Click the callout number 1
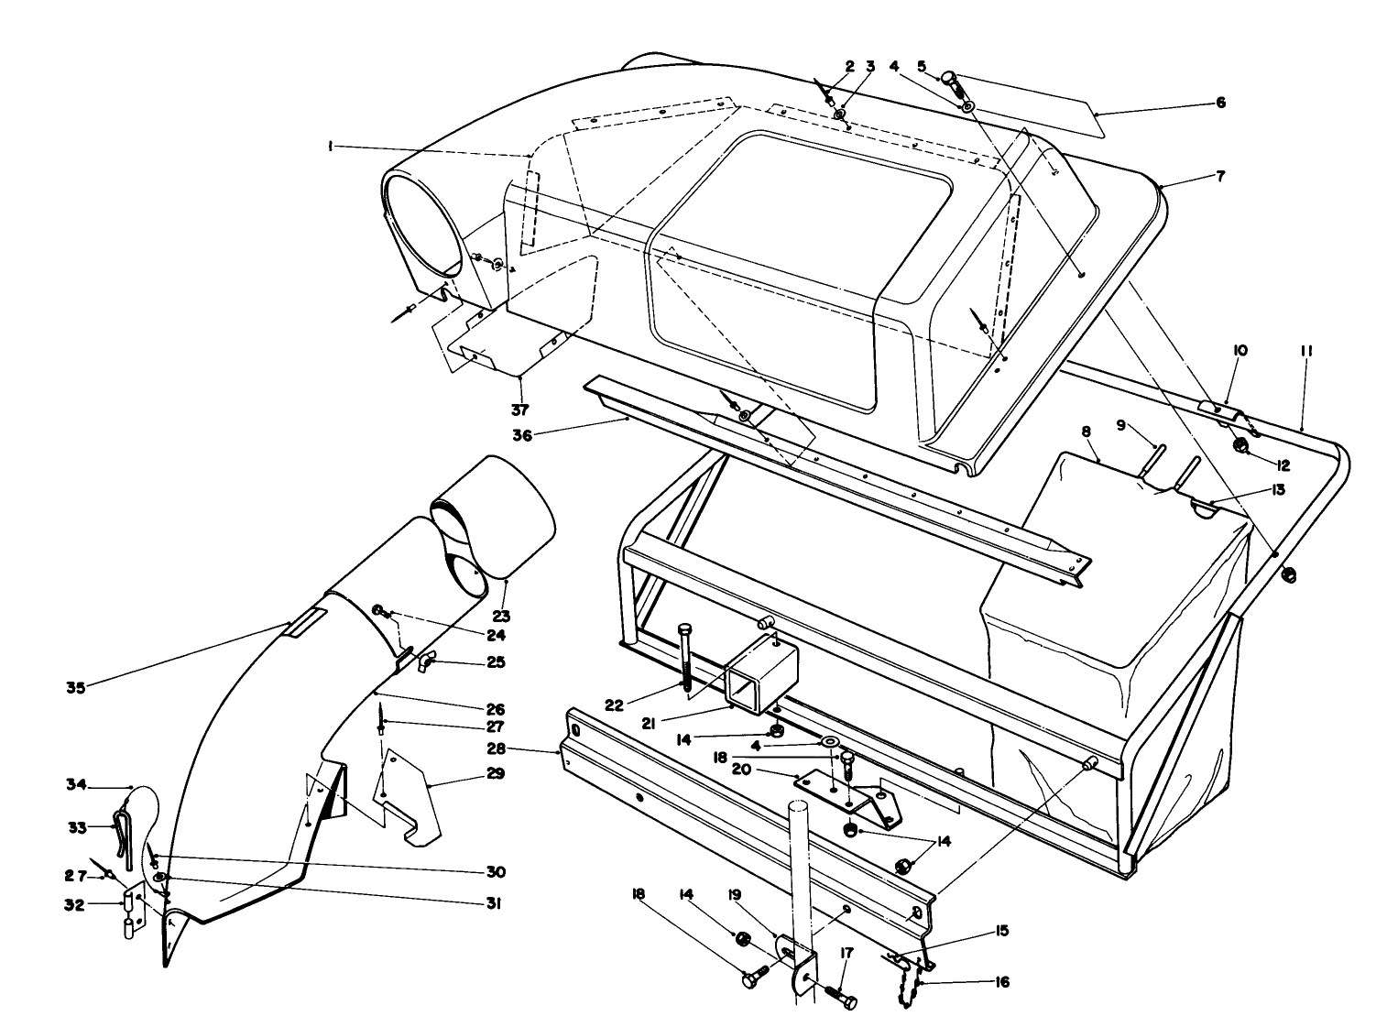[329, 146]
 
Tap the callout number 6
[1220, 103]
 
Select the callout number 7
[1220, 177]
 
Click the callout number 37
[519, 410]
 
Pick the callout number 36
[522, 435]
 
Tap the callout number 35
[75, 687]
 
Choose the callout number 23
[501, 616]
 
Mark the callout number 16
[1002, 982]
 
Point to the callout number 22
[614, 705]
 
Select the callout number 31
[494, 904]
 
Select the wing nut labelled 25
[427, 661]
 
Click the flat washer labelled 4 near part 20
[831, 742]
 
